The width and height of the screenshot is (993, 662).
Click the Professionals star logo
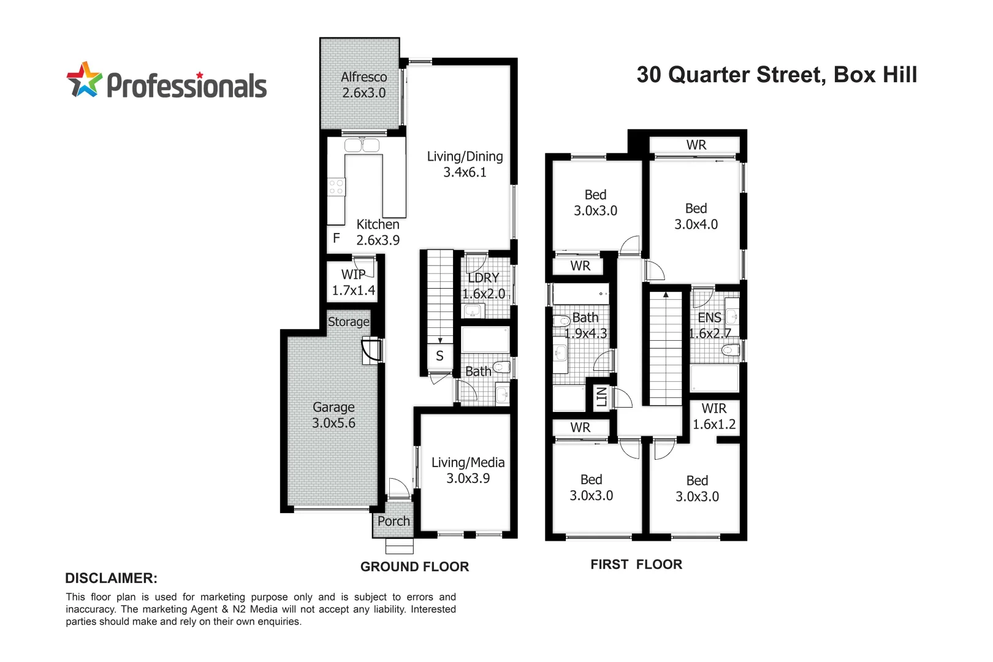[x=84, y=80]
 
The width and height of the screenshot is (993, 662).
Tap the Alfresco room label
[x=363, y=77]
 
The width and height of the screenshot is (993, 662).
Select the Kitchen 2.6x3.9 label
[x=378, y=233]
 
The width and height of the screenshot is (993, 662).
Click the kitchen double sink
[x=362, y=145]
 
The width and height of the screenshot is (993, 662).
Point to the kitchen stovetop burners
[x=336, y=187]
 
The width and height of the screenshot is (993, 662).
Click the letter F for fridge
[x=337, y=238]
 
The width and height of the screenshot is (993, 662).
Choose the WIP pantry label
[x=353, y=275]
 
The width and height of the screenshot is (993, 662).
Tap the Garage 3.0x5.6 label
[x=333, y=415]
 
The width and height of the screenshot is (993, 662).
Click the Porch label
[x=394, y=521]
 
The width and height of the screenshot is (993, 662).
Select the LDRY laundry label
[x=484, y=278]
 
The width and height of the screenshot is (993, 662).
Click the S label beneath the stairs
[x=439, y=356]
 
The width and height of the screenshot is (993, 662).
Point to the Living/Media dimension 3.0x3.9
[x=468, y=479]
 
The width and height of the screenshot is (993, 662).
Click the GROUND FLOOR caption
[x=414, y=567]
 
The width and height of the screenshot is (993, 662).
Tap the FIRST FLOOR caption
[x=636, y=565]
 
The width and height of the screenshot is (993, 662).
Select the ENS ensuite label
[x=709, y=318]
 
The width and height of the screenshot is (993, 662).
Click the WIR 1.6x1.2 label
[x=714, y=416]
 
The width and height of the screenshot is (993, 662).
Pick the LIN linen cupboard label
[x=601, y=397]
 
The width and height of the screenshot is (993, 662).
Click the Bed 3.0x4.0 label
[x=696, y=216]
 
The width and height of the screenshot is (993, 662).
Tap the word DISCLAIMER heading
[x=111, y=578]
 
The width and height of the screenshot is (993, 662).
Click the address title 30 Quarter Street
[x=777, y=75]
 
